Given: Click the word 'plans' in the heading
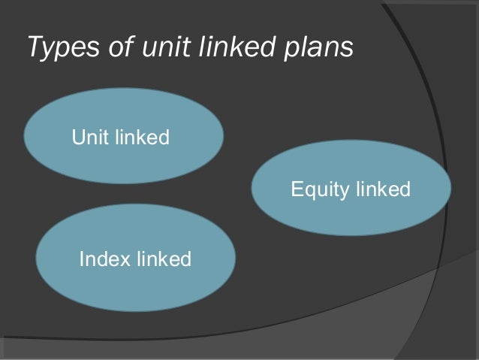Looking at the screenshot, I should coord(318,47).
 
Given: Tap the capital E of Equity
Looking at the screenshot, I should coord(296,189).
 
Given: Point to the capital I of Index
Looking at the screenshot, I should coord(81,260).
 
